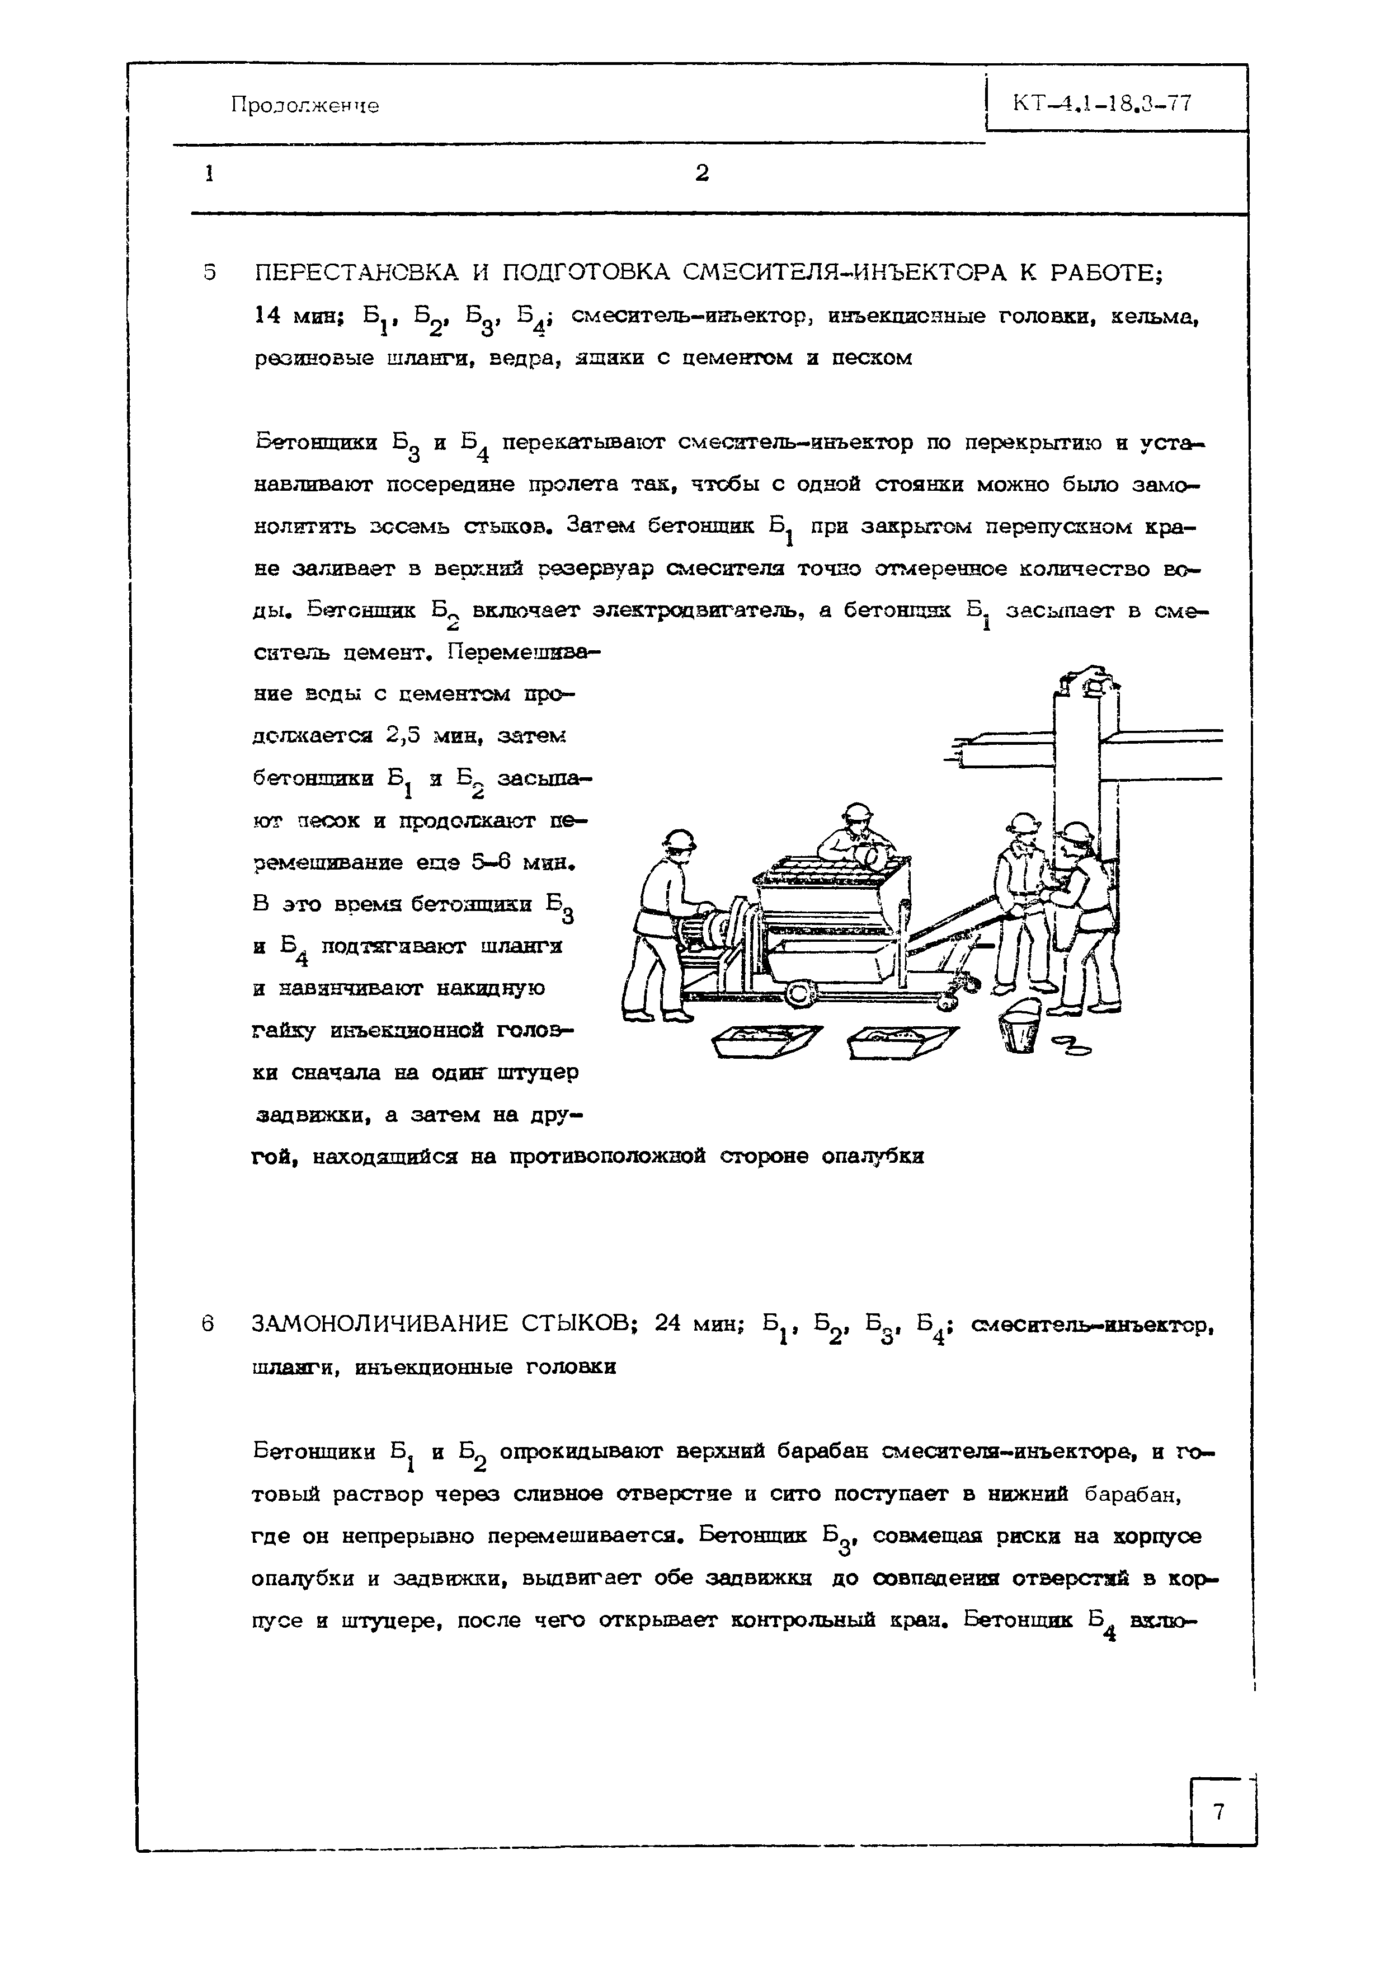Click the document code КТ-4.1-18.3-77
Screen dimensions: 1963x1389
(1101, 104)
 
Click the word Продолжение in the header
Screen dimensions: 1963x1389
(304, 106)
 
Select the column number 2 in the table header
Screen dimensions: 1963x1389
(701, 173)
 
